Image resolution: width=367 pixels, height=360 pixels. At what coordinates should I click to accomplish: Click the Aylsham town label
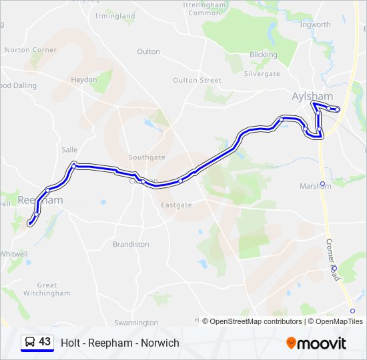(312, 96)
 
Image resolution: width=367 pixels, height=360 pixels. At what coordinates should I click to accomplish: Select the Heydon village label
(84, 79)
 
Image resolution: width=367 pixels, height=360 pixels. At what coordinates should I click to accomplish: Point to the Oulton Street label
(197, 80)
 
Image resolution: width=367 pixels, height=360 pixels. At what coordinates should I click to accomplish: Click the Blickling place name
(263, 55)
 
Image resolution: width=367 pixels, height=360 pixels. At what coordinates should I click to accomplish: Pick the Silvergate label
(262, 74)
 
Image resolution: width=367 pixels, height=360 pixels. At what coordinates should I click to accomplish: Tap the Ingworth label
(315, 25)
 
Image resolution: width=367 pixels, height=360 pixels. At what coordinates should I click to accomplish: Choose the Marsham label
(316, 186)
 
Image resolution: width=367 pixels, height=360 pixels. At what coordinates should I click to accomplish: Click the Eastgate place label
(176, 205)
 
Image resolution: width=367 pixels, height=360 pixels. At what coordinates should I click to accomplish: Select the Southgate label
(146, 157)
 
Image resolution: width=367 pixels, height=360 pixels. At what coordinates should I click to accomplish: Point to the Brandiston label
(131, 244)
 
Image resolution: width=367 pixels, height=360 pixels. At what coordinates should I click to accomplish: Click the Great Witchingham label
(47, 289)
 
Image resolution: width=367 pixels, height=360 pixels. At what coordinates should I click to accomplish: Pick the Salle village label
(69, 150)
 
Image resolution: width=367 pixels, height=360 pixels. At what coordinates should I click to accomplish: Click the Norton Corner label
(31, 50)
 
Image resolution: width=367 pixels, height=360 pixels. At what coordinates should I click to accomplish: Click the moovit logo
(316, 343)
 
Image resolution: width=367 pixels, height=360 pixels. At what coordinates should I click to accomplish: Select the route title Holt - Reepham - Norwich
(120, 343)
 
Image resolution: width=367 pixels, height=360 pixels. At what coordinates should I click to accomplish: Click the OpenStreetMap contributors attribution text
(252, 321)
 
